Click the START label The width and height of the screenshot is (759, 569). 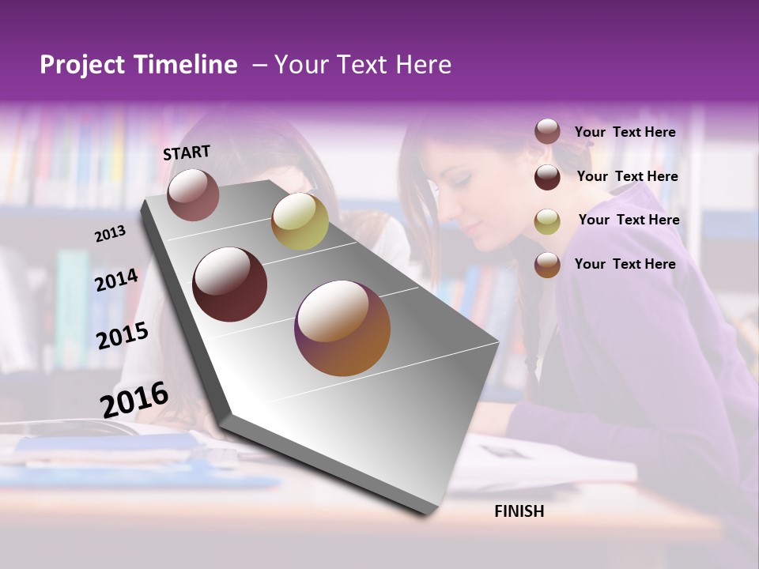187,153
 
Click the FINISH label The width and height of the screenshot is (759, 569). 519,511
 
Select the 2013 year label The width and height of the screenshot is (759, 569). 110,233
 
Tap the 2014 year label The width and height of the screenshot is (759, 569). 116,280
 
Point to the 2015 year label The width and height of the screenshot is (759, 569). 122,336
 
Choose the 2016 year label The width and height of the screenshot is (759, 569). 134,399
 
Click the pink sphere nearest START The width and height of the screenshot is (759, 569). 193,194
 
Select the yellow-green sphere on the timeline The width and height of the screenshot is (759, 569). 300,220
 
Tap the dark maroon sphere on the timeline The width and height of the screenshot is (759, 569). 229,284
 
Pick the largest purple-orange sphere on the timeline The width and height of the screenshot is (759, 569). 342,328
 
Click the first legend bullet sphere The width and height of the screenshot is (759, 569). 547,132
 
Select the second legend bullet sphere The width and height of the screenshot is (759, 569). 547,177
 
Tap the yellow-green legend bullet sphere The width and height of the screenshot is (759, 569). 547,221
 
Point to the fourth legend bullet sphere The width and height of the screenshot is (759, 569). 547,265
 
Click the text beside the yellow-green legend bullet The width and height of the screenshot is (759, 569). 629,220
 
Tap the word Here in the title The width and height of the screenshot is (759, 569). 422,65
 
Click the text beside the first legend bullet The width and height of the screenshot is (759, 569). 625,132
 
